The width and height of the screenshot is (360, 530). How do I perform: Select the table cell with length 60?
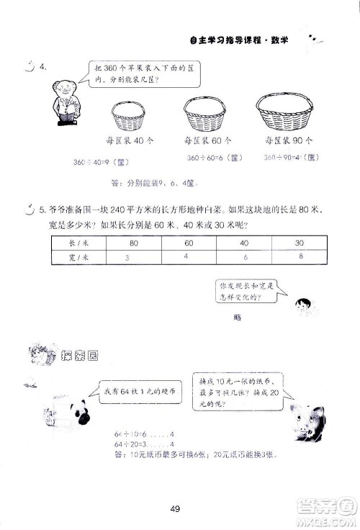189,243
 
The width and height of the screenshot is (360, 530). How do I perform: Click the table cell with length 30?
300,243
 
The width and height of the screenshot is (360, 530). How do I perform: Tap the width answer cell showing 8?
300,256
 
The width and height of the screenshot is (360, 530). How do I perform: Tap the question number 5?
42,210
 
